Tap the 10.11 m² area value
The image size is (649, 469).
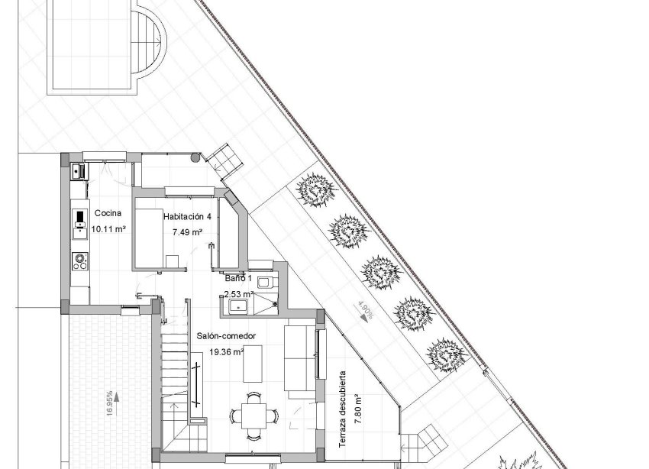pos(108,228)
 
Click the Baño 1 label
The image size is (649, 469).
pos(237,280)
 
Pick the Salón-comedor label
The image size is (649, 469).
pos(225,336)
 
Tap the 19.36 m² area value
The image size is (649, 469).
pos(226,352)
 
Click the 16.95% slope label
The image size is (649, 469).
pos(111,404)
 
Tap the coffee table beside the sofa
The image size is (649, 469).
pos(253,364)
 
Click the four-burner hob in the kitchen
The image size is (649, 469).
pos(79,261)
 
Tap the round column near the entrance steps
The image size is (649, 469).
pos(195,158)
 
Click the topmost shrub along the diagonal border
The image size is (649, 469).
pos(315,187)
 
